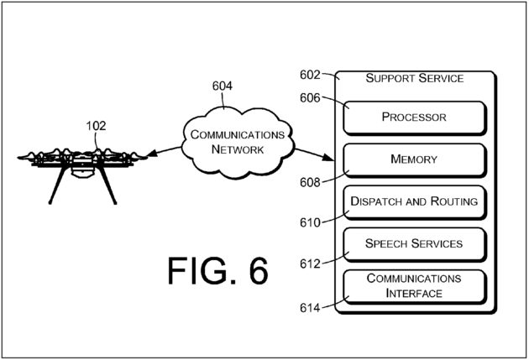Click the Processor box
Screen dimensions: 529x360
415,118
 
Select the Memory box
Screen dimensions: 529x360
415,160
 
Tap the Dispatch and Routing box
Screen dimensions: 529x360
415,202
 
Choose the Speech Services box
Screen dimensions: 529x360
415,245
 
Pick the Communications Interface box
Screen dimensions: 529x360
415,287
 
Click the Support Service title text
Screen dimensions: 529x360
415,78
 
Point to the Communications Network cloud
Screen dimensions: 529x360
238,143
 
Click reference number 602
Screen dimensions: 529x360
310,75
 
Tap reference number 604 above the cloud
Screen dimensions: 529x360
222,86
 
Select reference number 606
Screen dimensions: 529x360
310,98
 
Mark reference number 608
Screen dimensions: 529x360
310,182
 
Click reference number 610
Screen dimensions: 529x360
310,223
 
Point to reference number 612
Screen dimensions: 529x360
310,264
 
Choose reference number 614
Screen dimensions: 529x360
310,308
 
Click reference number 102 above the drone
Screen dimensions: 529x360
96,126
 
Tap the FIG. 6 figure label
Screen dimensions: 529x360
218,271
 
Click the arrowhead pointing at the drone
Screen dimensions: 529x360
153,154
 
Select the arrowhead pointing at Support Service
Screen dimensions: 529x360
329,157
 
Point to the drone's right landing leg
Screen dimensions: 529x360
108,185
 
